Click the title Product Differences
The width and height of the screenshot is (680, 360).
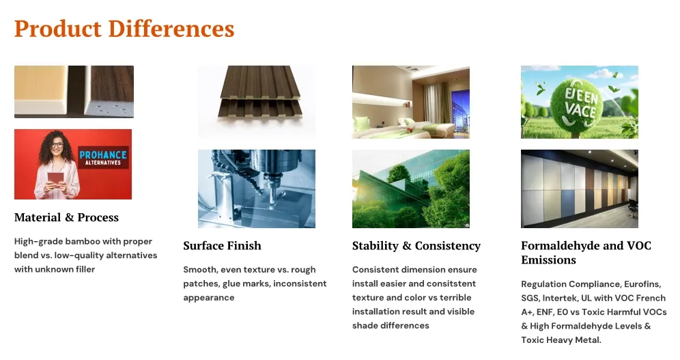(x=124, y=29)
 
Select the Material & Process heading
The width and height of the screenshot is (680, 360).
(x=66, y=217)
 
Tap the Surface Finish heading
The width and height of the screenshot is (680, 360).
(x=222, y=245)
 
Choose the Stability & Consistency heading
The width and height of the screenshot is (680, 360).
(x=416, y=245)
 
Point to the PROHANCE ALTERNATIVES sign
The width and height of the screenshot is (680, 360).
(x=103, y=157)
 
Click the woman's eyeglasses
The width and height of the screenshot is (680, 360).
(x=57, y=146)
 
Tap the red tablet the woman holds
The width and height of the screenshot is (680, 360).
(x=55, y=179)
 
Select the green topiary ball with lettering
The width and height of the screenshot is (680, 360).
(x=581, y=104)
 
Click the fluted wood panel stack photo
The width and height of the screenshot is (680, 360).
(x=257, y=102)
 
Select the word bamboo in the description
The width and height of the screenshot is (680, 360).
(x=83, y=241)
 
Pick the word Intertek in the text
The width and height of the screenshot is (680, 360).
(x=560, y=298)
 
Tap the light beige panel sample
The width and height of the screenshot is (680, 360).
(x=41, y=89)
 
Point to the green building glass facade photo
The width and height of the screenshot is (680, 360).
(x=411, y=189)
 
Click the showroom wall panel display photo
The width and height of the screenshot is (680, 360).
(x=580, y=189)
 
